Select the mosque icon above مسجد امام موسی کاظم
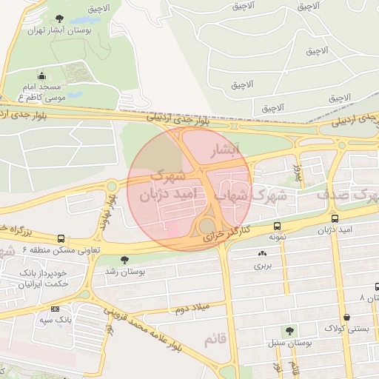(41, 75)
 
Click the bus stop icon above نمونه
(277, 226)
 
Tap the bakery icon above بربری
(262, 253)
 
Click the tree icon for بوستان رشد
(124, 259)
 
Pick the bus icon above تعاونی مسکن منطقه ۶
(61, 239)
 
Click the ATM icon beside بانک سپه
(55, 308)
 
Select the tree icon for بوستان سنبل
(289, 331)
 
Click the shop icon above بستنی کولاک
(346, 317)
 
